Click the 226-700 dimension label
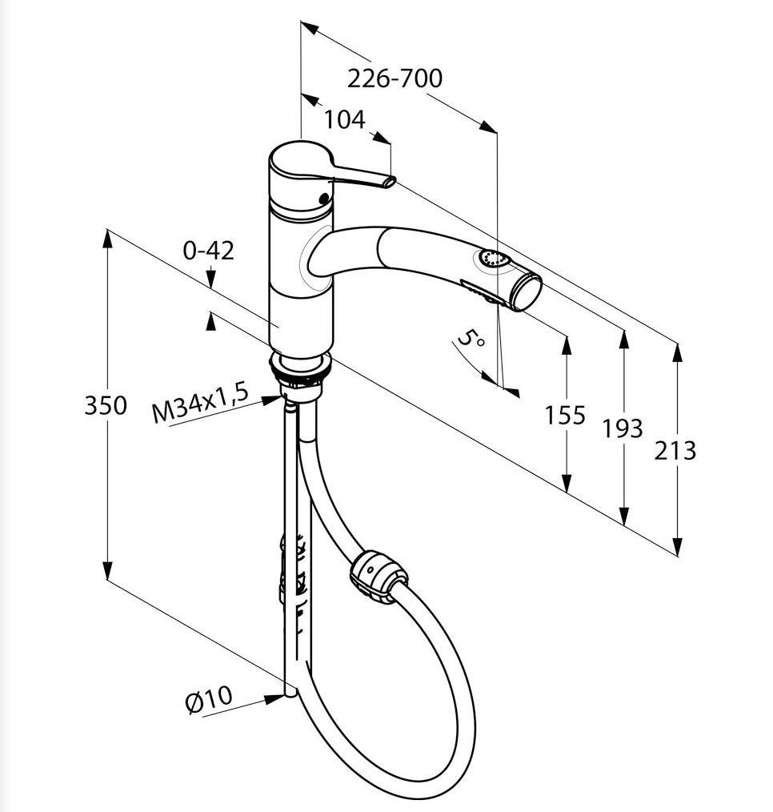395,78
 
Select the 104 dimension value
344,119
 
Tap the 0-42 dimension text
208,251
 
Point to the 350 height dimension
106,405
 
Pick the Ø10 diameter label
209,700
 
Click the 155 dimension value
564,416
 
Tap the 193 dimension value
623,428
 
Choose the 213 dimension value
675,451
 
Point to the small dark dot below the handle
324,198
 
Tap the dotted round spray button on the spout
493,259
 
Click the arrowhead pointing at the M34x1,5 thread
273,400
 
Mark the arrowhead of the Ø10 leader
274,699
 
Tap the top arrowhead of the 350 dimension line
107,239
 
